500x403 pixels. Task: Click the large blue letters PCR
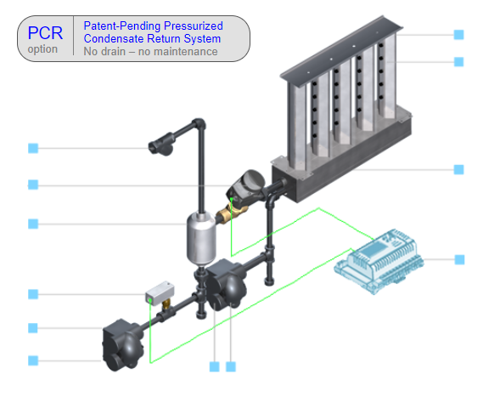45,33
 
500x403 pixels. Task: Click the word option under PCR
42,49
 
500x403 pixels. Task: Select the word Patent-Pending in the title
122,26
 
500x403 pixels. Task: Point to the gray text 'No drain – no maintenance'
150,51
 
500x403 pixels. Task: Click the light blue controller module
379,260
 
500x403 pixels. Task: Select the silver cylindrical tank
201,239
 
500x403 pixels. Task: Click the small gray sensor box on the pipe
160,293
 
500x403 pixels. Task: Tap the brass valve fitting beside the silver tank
232,213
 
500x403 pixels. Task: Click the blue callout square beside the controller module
459,259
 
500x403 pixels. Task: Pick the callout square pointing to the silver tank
33,224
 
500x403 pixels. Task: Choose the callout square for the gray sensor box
33,294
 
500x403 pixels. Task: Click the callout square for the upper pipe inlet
33,148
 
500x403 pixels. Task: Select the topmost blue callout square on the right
459,35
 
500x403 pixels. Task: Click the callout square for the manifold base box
459,169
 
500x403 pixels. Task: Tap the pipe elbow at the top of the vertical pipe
199,123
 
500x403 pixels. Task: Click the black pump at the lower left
122,345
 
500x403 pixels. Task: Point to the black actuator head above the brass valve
246,186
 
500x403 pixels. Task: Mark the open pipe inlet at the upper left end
154,148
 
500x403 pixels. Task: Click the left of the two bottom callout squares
214,366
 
